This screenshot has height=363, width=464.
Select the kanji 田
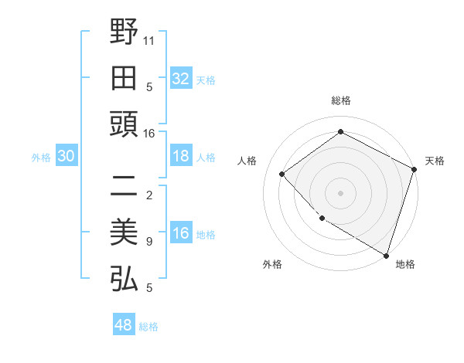click(x=124, y=77)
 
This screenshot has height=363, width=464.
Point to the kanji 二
click(x=124, y=185)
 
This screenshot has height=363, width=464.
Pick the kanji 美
click(x=124, y=232)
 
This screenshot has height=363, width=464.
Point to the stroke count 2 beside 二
click(x=149, y=195)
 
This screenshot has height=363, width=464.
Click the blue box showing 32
click(x=181, y=79)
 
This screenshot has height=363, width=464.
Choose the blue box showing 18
click(x=181, y=157)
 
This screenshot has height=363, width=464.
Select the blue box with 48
click(x=124, y=325)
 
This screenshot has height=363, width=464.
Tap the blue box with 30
click(x=67, y=157)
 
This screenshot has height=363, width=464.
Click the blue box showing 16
click(x=181, y=234)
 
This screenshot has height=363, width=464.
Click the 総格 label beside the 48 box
click(x=148, y=327)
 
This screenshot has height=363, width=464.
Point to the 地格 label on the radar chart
click(x=405, y=265)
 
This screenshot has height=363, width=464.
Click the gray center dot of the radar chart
click(x=340, y=192)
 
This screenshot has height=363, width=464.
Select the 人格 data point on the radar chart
click(x=282, y=174)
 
